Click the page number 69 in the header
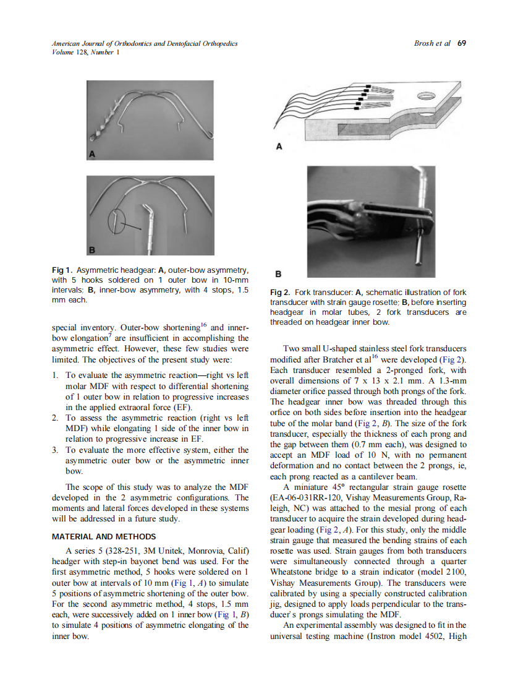461,44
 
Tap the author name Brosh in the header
423,44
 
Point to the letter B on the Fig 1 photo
93,250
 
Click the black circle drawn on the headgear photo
115,220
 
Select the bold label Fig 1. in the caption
62,270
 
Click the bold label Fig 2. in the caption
281,293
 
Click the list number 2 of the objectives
55,419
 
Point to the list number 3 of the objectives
55,450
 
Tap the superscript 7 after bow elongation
109,335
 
